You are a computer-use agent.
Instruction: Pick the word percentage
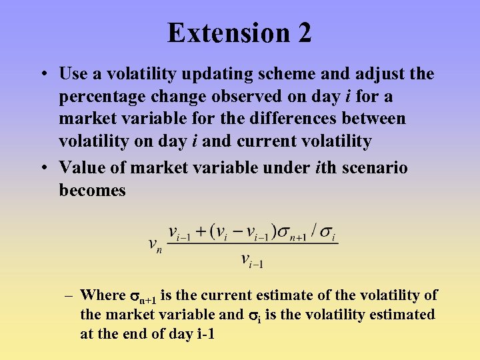coord(100,97)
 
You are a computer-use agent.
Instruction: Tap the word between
coord(374,119)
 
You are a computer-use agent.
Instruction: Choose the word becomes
coord(93,191)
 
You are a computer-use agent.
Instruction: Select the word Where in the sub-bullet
coord(103,295)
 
